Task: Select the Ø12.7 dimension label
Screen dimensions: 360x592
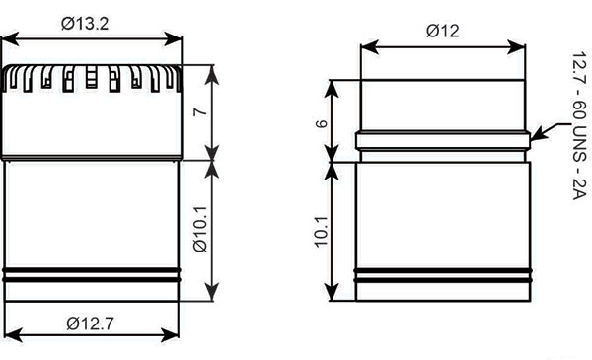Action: pyautogui.click(x=92, y=322)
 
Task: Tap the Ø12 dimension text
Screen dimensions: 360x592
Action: pyautogui.click(x=443, y=31)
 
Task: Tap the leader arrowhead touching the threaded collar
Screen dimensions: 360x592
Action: pyautogui.click(x=534, y=137)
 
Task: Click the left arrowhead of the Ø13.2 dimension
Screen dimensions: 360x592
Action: pyautogui.click(x=9, y=39)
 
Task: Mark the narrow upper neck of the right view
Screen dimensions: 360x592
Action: pyautogui.click(x=443, y=106)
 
